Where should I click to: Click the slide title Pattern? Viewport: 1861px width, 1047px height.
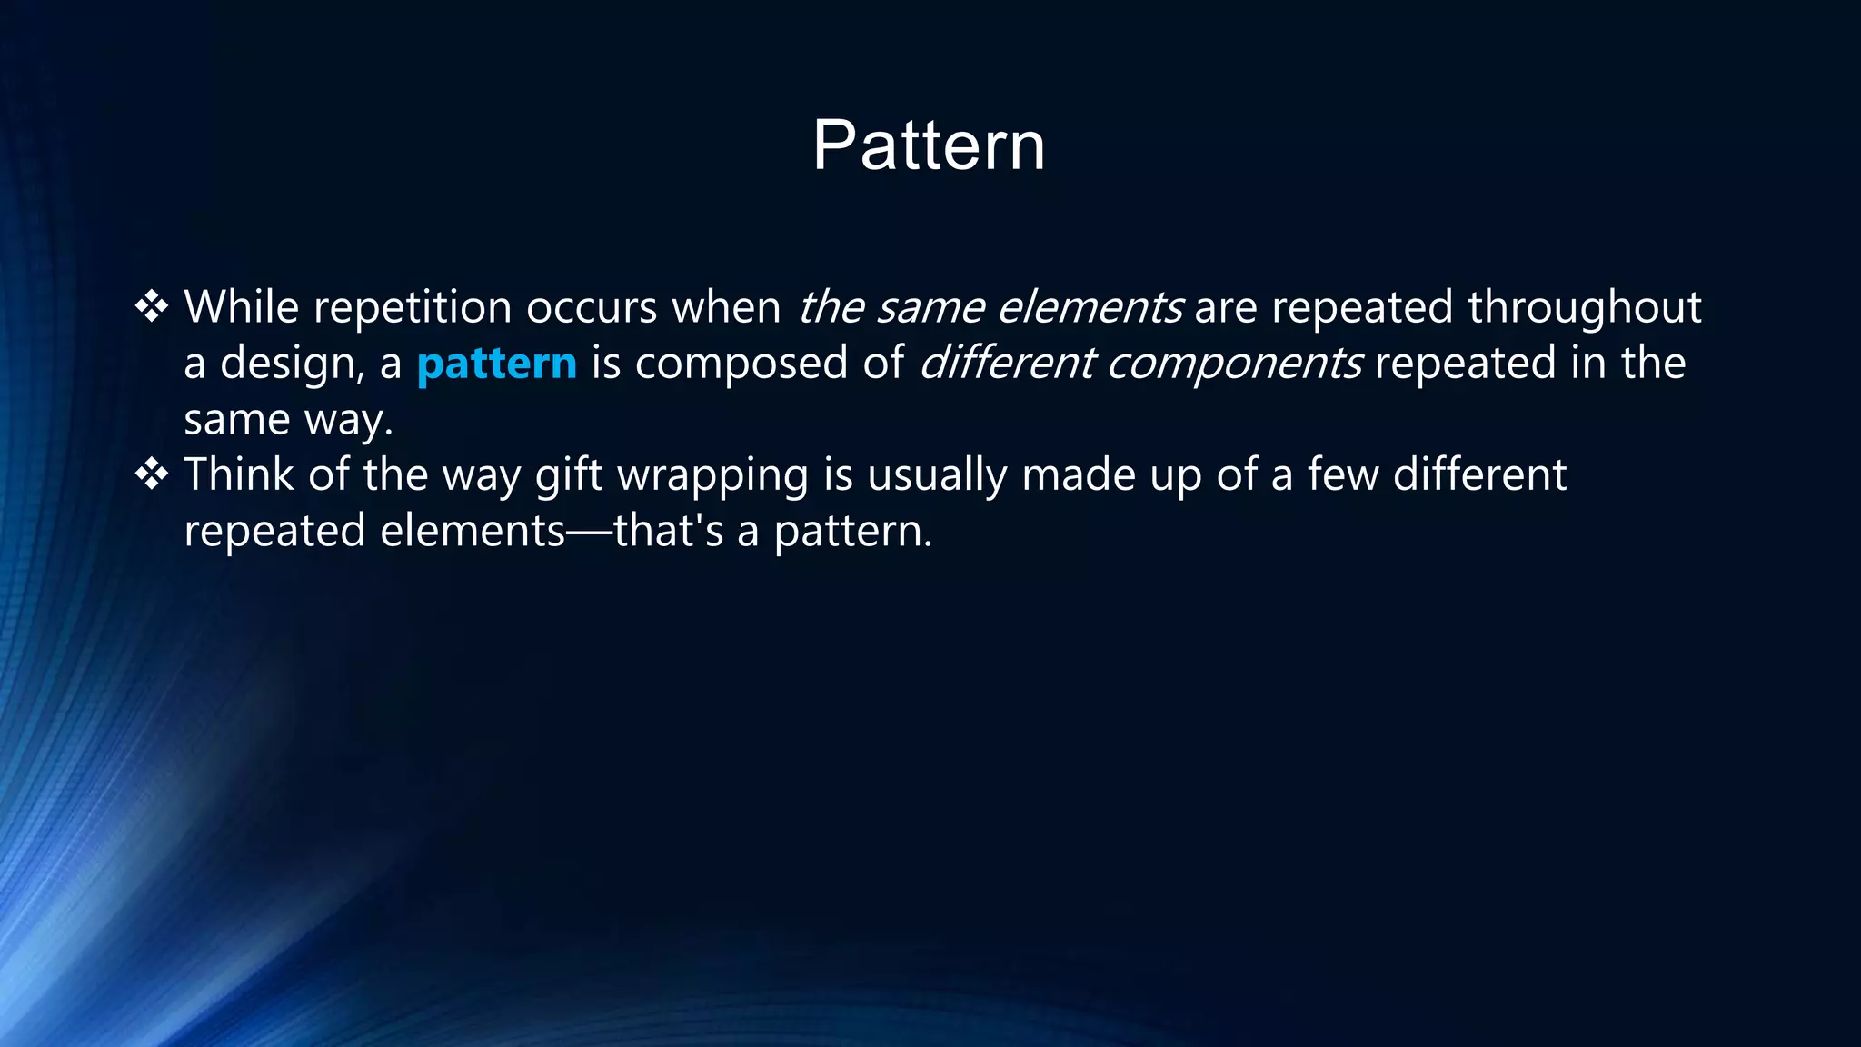(929, 145)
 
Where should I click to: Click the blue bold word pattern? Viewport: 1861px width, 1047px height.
(496, 364)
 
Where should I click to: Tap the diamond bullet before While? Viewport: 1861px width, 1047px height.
(152, 307)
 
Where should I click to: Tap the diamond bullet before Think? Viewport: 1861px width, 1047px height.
(152, 474)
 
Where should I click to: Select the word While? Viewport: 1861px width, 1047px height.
(241, 307)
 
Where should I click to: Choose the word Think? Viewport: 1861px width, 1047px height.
(238, 474)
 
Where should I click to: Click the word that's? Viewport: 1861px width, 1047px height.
(669, 531)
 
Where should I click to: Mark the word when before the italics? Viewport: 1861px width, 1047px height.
(726, 307)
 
